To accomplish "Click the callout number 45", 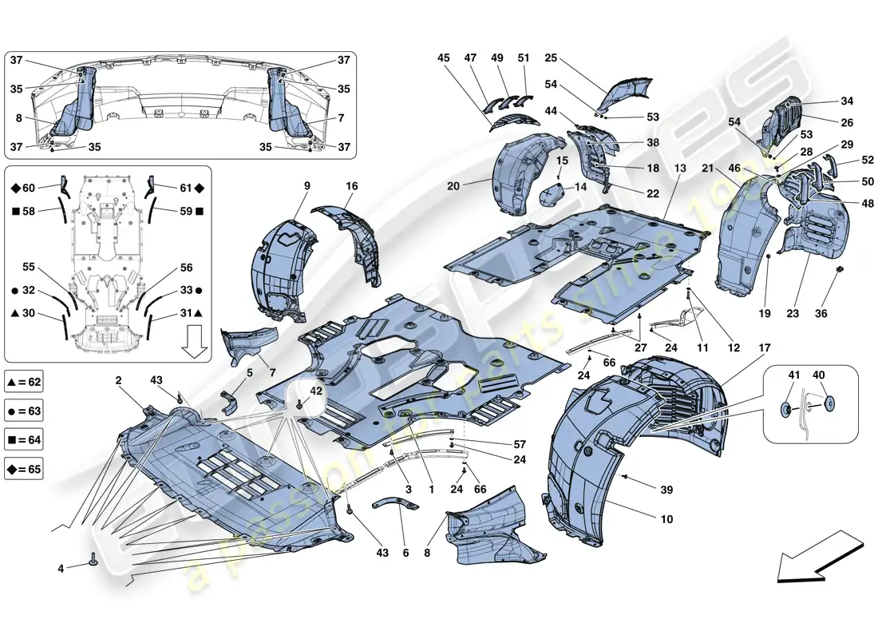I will pyautogui.click(x=444, y=58).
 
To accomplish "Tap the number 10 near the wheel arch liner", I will pyautogui.click(x=666, y=519).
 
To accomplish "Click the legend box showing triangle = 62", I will pyautogui.click(x=23, y=383).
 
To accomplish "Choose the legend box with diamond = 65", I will pyautogui.click(x=23, y=470).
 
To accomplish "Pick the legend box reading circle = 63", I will pyautogui.click(x=23, y=411).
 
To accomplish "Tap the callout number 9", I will pyautogui.click(x=307, y=186).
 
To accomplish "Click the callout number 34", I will pyautogui.click(x=847, y=101).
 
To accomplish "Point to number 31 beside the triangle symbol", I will pyautogui.click(x=186, y=313).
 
